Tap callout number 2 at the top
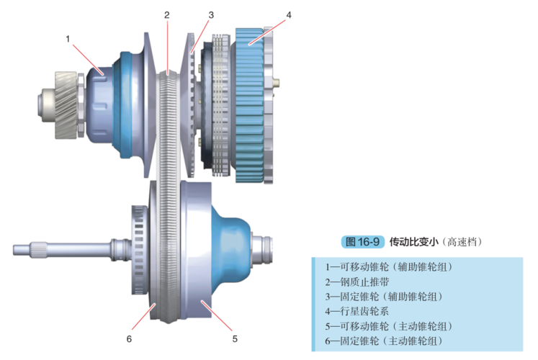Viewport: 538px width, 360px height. [x=166, y=14]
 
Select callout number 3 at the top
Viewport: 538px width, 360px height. [x=211, y=14]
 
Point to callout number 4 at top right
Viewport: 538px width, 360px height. [x=288, y=14]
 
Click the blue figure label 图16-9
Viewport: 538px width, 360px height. [x=362, y=240]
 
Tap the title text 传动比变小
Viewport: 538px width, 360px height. [x=413, y=240]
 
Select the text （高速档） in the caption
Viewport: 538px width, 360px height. [x=461, y=240]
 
